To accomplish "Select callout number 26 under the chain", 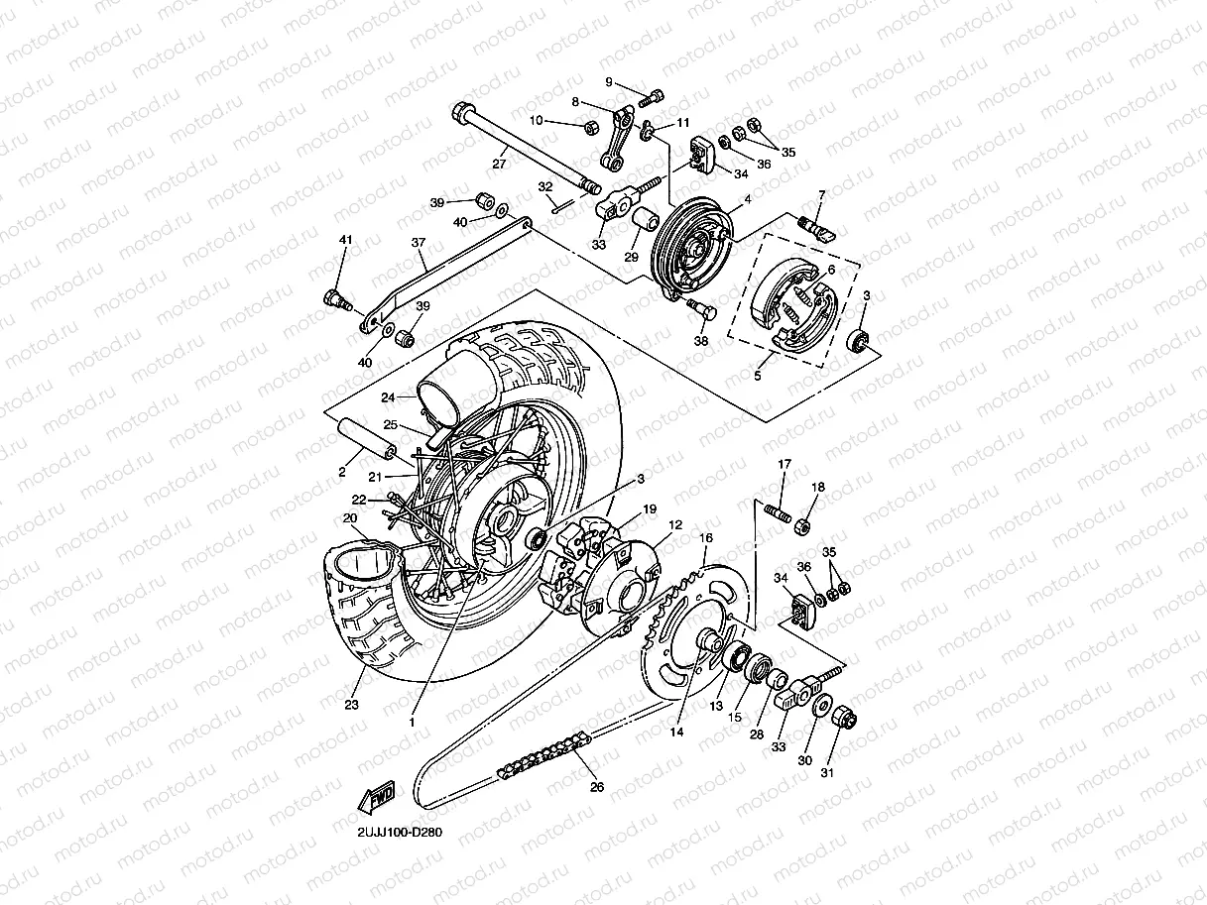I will (596, 788).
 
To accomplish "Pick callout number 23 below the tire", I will (351, 705).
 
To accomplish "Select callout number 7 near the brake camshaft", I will (821, 194).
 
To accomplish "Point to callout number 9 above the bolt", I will (610, 82).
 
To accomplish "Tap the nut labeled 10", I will (589, 127).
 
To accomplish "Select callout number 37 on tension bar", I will (418, 242).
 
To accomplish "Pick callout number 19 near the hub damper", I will (650, 509).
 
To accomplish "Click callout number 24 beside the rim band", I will (389, 397).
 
